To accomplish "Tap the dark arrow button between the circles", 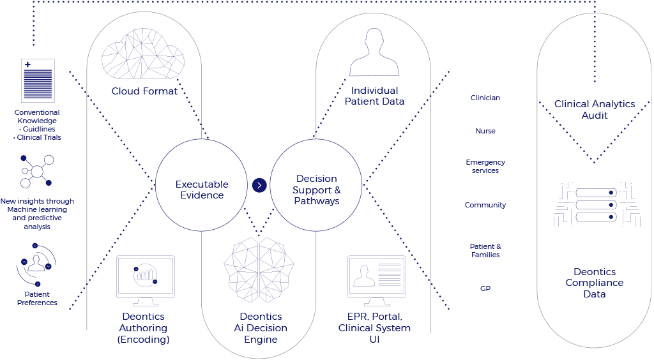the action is tap(259, 185).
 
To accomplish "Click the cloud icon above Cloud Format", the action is tap(143, 54).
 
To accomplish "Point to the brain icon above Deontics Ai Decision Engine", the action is tap(259, 270).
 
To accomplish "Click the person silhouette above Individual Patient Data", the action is tap(374, 52).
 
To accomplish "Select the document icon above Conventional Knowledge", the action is tap(38, 81).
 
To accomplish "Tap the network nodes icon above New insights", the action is tap(37, 171).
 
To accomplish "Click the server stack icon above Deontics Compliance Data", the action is tap(596, 205).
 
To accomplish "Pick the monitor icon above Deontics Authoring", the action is tap(145, 281).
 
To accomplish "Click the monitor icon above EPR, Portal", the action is tap(377, 281).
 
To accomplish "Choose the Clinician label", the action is tap(485, 98).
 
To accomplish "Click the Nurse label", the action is tap(485, 131).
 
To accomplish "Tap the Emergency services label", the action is tap(485, 166).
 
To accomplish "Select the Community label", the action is tap(485, 205).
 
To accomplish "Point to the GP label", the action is tap(485, 289).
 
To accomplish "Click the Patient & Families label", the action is tap(485, 250).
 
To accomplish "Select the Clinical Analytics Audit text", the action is tap(595, 110).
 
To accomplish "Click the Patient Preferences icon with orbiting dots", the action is tap(36, 265).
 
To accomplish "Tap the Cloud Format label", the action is tap(144, 91).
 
